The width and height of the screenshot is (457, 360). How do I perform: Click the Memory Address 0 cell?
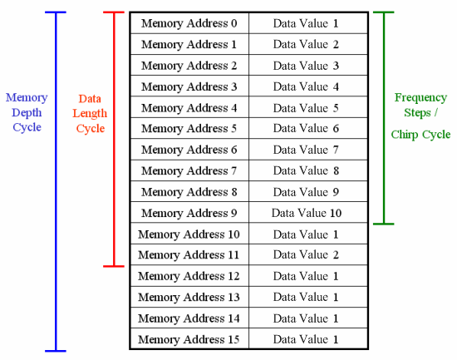coord(189,23)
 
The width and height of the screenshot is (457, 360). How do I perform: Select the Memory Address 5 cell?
coord(189,128)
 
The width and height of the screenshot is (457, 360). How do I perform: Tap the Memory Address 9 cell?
coord(189,213)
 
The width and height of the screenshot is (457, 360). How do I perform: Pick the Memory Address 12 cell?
coord(189,276)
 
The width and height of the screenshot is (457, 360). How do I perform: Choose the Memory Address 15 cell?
coord(189,338)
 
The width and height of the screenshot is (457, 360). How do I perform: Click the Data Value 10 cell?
coord(308,213)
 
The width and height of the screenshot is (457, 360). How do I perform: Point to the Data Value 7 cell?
coord(308,150)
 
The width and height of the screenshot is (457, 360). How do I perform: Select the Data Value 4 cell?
coord(308,86)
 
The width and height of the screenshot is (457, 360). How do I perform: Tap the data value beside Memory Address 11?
coord(308,254)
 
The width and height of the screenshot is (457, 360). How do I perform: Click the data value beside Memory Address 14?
coord(308,318)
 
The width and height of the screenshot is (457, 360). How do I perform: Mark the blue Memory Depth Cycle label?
coord(27,112)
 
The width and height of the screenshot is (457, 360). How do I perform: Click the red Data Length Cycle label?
coord(90,113)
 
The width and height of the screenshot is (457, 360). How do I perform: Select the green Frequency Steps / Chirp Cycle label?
coord(420,116)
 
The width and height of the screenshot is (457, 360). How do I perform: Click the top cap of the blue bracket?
coord(56,12)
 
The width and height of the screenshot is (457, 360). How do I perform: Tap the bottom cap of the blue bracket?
coord(56,351)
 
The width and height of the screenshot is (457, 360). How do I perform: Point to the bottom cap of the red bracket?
coord(114,266)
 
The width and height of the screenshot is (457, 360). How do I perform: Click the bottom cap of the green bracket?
coord(384,224)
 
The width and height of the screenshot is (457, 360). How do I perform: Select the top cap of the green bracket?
coord(384,12)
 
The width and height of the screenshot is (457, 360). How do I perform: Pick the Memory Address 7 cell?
coord(189,170)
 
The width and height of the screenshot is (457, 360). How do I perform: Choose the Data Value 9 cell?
coord(308,192)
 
